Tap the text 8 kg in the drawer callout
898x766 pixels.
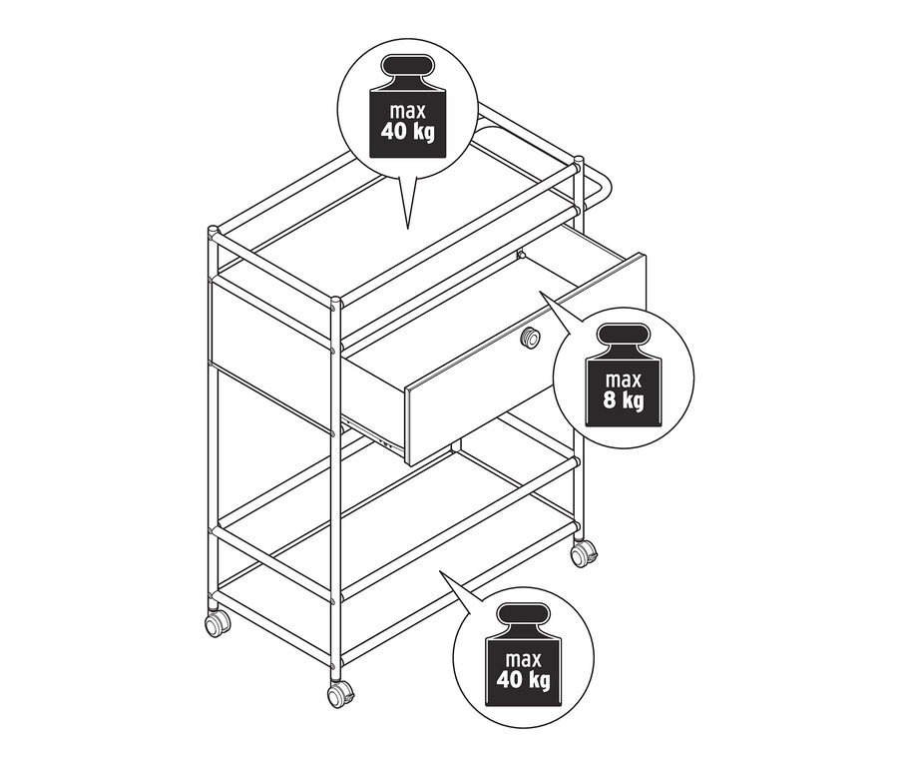pos(623,399)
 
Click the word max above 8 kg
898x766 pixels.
pos(624,380)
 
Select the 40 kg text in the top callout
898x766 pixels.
pos(408,131)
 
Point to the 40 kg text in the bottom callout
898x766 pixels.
pos(524,679)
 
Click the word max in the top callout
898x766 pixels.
pos(408,110)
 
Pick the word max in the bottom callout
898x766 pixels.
pos(524,659)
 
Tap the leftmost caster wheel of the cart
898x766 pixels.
pos(218,624)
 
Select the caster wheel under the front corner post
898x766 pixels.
pos(340,695)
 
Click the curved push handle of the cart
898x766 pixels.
pos(596,189)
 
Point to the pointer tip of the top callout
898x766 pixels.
pos(407,230)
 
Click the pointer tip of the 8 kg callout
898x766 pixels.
pos(539,292)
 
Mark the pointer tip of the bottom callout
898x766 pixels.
pos(439,570)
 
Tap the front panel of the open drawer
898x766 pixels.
pos(526,360)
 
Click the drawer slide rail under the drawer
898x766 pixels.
pos(372,434)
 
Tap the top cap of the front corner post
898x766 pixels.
pos(335,301)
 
